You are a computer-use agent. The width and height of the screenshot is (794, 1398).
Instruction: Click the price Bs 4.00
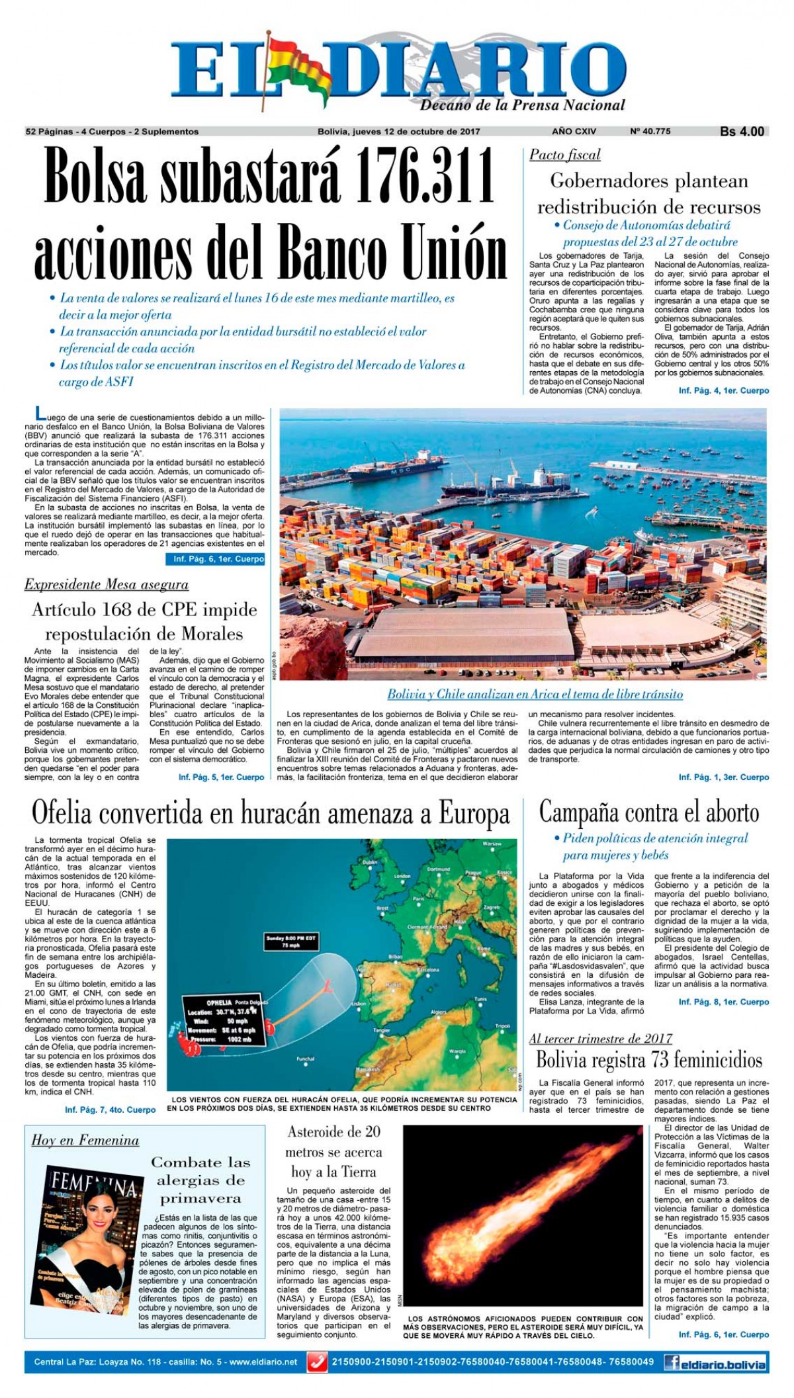742,132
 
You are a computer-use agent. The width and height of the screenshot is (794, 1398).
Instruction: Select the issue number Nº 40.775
650,132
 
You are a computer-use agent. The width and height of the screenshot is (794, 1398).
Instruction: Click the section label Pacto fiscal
564,155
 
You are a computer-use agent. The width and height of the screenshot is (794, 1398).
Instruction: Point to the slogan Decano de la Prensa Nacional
523,105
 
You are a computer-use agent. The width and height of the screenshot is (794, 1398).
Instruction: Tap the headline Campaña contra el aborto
649,812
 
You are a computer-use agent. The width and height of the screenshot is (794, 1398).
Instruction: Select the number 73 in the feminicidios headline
639,1060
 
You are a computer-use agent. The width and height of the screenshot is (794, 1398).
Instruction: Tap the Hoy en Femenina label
85,1140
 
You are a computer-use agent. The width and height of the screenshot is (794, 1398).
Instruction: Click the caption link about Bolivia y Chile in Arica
535,694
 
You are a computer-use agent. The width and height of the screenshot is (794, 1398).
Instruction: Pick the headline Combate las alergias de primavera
200,1180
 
